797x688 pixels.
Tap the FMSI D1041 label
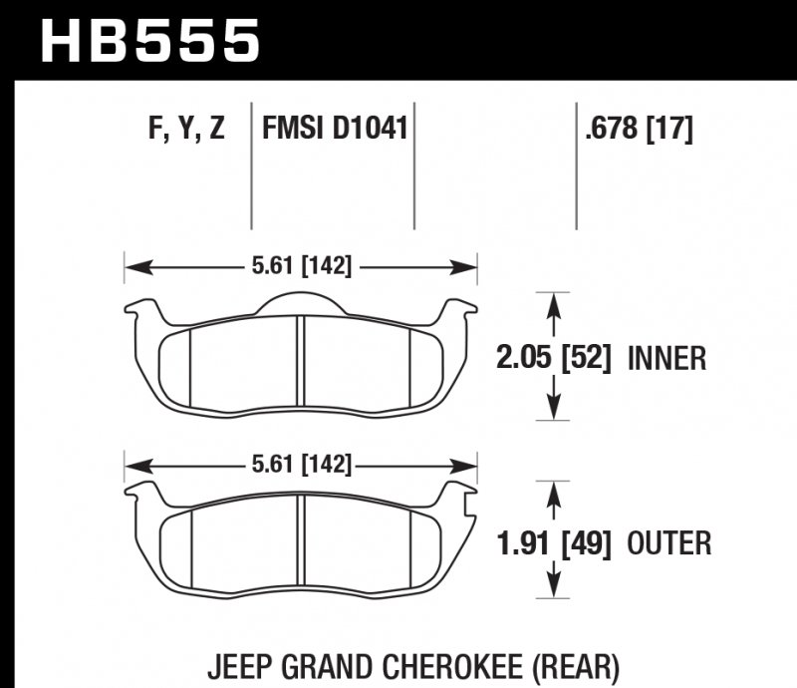click(x=334, y=130)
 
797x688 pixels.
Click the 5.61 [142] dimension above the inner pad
click(x=300, y=266)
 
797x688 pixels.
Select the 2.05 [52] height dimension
click(x=554, y=357)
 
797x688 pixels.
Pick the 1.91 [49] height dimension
click(x=554, y=543)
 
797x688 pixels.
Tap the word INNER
click(x=667, y=357)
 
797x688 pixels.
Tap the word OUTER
click(x=669, y=543)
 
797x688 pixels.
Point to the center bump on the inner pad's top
click(x=301, y=301)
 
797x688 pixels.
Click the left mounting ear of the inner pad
click(x=140, y=309)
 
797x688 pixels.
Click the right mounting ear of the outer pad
click(x=460, y=493)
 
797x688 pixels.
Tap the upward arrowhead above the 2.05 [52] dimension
click(x=554, y=300)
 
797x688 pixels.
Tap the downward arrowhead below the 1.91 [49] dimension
click(x=554, y=592)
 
